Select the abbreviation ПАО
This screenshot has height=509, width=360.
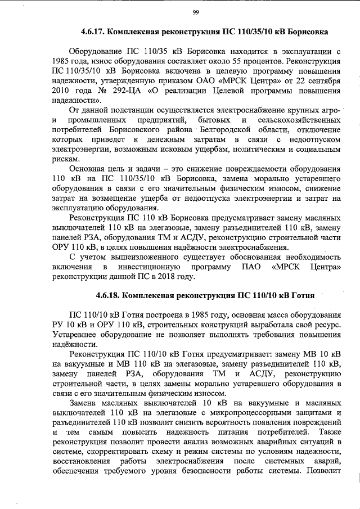coord(241,265)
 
